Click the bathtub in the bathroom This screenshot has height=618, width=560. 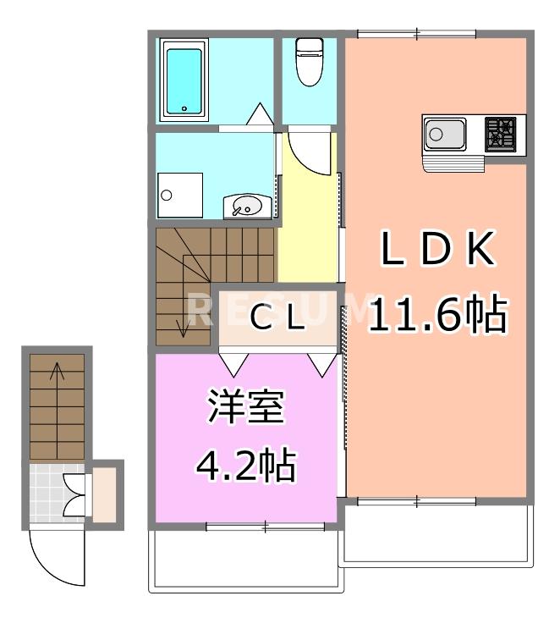coord(185,80)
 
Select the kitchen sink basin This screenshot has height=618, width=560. coord(444,134)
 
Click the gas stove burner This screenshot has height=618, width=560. coord(500,134)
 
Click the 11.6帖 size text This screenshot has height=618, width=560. coord(436,315)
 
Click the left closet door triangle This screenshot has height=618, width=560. coord(234,361)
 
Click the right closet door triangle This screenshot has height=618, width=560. coord(321,362)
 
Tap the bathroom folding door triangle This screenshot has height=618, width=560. coord(259,114)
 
